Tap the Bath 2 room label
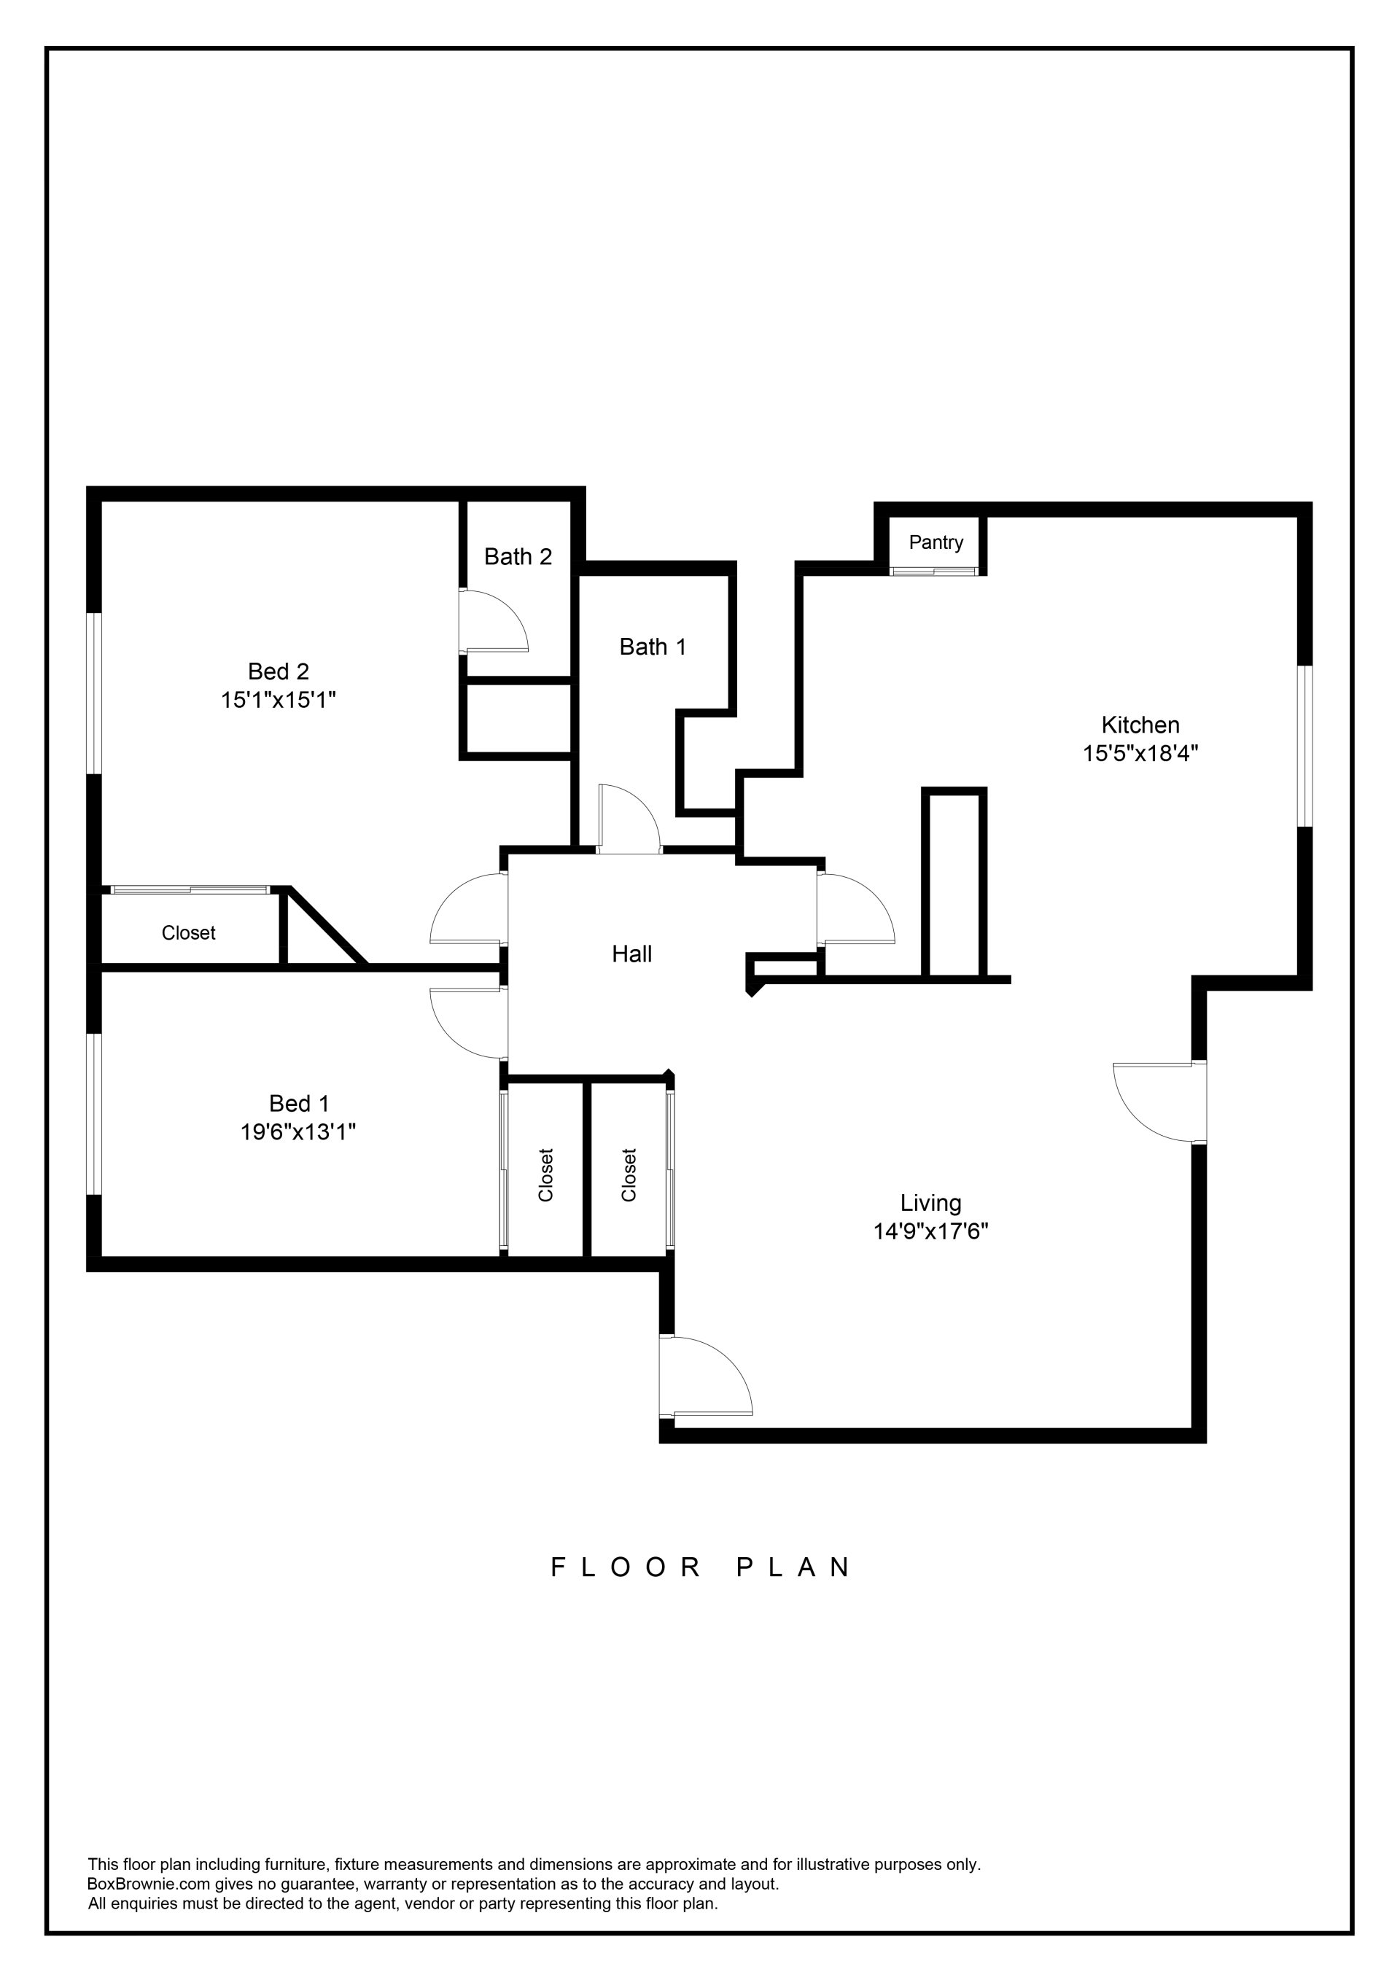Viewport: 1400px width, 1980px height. coord(518,557)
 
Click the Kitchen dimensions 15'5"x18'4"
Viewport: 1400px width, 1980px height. coord(1140,754)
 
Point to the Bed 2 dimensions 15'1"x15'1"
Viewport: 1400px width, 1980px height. coord(278,699)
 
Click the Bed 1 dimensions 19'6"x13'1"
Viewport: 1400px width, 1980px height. coord(297,1131)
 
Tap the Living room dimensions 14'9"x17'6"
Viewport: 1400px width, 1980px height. coord(930,1231)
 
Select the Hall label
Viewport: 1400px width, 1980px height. coord(631,954)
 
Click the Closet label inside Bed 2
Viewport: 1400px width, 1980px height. coord(188,933)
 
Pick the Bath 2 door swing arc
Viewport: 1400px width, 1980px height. coord(500,617)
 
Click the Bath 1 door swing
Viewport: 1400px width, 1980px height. coord(634,815)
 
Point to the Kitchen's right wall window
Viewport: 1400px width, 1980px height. coord(1305,746)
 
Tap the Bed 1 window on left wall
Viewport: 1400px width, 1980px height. coord(94,1114)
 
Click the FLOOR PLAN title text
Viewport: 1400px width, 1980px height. coord(701,1567)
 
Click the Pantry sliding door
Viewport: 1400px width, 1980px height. coord(935,571)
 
